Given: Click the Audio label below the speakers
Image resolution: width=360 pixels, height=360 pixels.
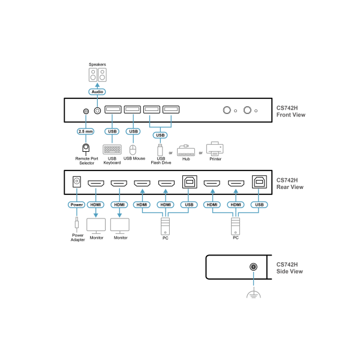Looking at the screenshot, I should point(97,92).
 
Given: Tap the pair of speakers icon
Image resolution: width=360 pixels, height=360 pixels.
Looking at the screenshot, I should point(97,74).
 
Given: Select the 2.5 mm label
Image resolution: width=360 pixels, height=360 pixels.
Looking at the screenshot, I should point(86,131).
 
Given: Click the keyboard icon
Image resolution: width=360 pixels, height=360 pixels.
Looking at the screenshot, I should point(112,149).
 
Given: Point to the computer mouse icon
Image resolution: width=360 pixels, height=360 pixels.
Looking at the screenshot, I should point(133,149).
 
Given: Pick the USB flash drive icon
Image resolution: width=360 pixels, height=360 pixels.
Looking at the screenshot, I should point(160,150).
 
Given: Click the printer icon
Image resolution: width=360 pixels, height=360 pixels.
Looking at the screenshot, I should point(215,148).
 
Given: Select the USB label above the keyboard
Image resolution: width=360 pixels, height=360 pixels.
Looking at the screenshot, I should point(112,131).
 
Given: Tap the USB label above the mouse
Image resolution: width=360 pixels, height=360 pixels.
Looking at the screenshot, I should point(133,131).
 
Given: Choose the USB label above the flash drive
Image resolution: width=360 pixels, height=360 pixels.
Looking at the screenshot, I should point(160,135).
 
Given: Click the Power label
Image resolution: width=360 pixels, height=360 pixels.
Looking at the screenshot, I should point(77,205).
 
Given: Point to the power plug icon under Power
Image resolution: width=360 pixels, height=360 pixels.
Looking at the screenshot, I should point(77,224).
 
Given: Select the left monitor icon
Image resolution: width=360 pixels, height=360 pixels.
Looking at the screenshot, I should point(96,225).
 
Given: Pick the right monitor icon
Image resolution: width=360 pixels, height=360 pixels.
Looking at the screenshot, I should point(119,225).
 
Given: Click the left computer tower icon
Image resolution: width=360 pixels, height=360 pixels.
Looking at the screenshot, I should point(165,226).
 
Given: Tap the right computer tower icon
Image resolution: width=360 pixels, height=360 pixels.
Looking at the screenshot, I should point(235,226).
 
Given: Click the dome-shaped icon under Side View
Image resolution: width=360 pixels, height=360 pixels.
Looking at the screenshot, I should point(254,294).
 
